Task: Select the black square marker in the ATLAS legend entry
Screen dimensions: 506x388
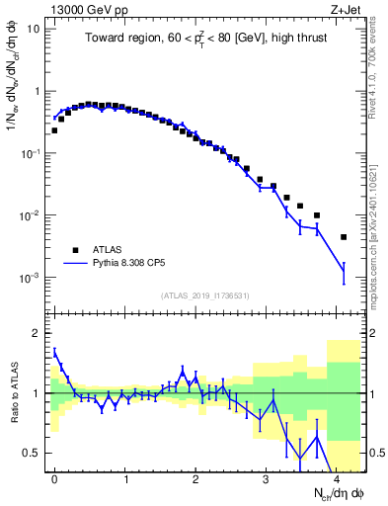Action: (x=75, y=250)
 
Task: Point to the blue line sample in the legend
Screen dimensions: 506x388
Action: (x=75, y=265)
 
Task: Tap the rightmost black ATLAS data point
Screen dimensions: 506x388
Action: (x=343, y=237)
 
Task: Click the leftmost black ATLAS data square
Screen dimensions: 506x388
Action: (x=54, y=129)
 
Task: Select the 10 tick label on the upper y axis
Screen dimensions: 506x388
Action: (x=34, y=29)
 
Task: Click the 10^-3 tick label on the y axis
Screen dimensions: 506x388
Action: (x=31, y=279)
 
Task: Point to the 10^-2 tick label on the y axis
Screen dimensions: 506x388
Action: (x=31, y=216)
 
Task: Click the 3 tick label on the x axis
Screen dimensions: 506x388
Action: (x=266, y=479)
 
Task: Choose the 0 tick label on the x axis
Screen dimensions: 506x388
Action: (x=54, y=479)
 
